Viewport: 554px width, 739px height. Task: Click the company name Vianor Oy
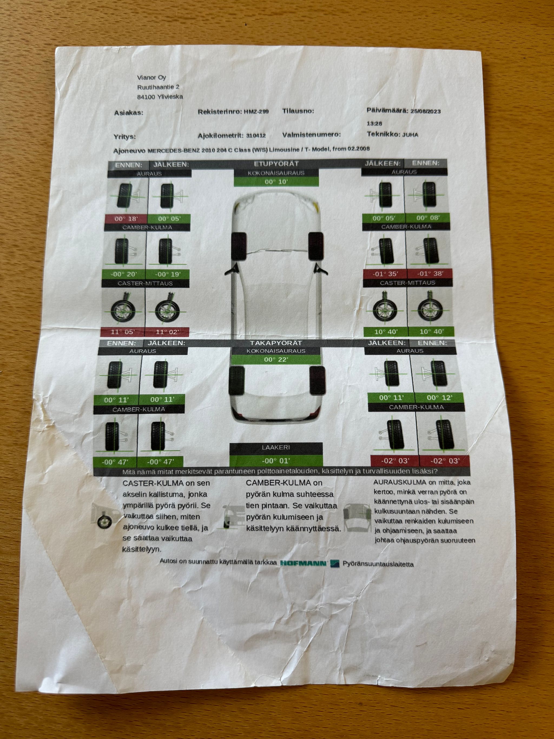[151, 77]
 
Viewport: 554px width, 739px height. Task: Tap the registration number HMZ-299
[256, 111]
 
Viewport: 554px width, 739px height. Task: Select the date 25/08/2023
[426, 111]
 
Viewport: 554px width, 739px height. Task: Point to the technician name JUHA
[410, 135]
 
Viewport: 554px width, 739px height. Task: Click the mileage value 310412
[256, 136]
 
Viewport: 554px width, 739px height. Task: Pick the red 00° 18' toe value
[126, 219]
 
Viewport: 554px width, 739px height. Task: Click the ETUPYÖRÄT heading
[276, 164]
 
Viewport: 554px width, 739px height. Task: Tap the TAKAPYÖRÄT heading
[276, 343]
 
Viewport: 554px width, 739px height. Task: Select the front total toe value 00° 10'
[276, 182]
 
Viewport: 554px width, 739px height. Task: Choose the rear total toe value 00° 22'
[276, 359]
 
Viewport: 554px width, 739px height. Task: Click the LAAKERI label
[276, 447]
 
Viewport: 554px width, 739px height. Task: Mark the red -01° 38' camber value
[430, 274]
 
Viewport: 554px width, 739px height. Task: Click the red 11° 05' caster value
[123, 332]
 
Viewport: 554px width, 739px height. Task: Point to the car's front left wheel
[239, 246]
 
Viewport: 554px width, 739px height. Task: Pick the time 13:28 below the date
[374, 123]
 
